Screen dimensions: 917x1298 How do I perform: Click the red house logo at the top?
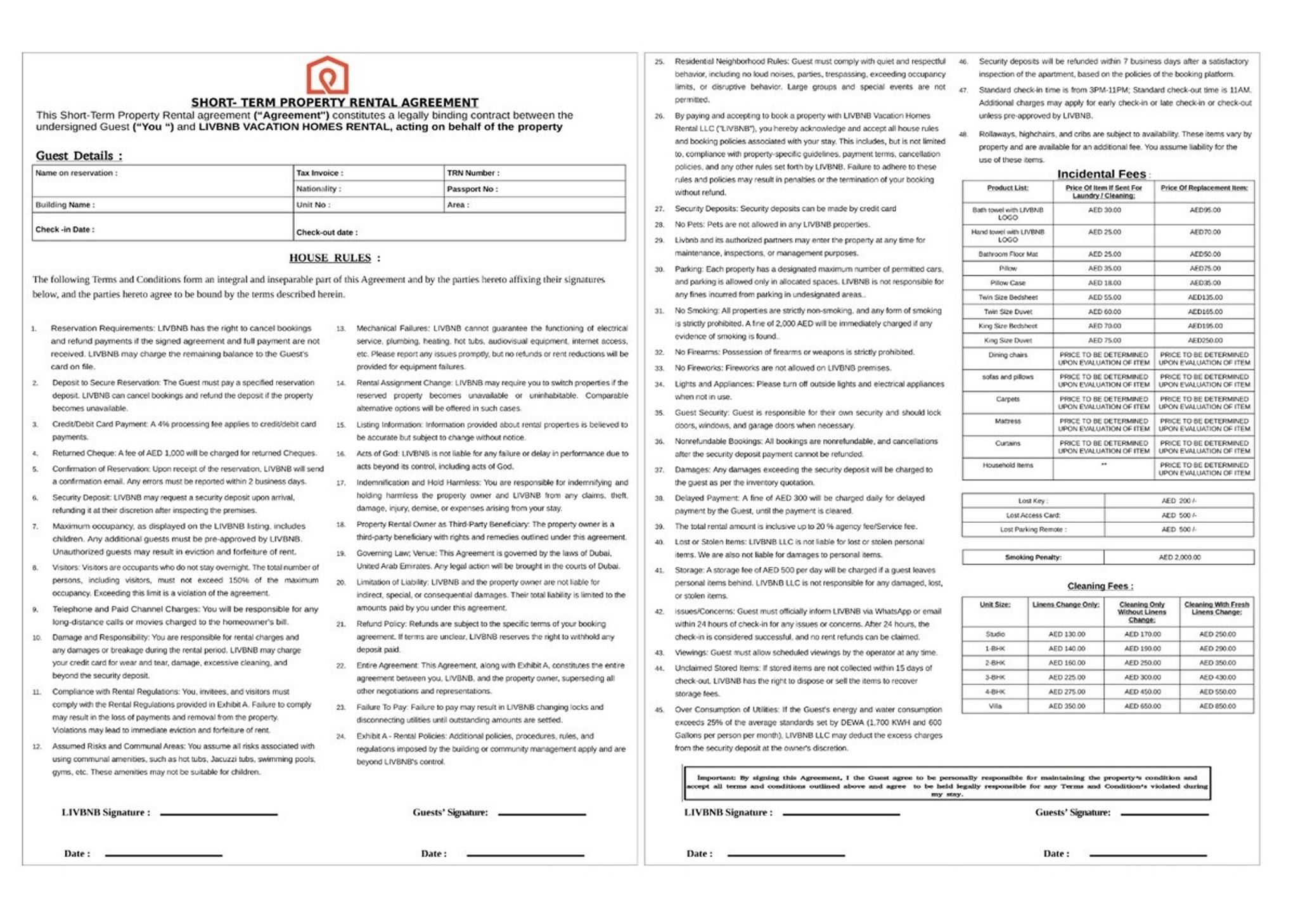(x=327, y=75)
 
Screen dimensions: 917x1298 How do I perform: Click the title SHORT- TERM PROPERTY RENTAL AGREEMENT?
(x=335, y=103)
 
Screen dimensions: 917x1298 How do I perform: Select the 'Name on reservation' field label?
(x=76, y=173)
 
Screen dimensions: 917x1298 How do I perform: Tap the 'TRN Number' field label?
(x=473, y=173)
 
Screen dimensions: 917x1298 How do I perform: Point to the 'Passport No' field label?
(x=472, y=189)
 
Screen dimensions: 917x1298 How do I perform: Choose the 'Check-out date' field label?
(x=327, y=233)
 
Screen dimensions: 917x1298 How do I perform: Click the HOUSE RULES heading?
(x=330, y=258)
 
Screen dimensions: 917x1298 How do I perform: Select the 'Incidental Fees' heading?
(x=1101, y=174)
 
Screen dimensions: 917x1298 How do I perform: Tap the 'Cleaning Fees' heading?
(x=1100, y=586)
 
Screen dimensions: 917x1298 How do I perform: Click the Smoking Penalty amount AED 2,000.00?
(x=1179, y=558)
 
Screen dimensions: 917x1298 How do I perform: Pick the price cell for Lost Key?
(x=1179, y=501)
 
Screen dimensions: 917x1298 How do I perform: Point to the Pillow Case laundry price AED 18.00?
(x=1104, y=283)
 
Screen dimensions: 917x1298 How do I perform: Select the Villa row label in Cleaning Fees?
(x=995, y=706)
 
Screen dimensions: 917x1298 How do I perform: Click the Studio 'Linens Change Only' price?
(x=1067, y=634)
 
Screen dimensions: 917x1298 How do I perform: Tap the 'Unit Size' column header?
(x=995, y=605)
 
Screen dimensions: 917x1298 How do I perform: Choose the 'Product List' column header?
(x=1008, y=188)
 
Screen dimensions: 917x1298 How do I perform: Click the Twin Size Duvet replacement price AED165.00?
(x=1205, y=312)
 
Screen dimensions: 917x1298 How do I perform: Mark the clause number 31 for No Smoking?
(x=659, y=311)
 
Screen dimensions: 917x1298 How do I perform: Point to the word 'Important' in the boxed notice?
(x=716, y=778)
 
